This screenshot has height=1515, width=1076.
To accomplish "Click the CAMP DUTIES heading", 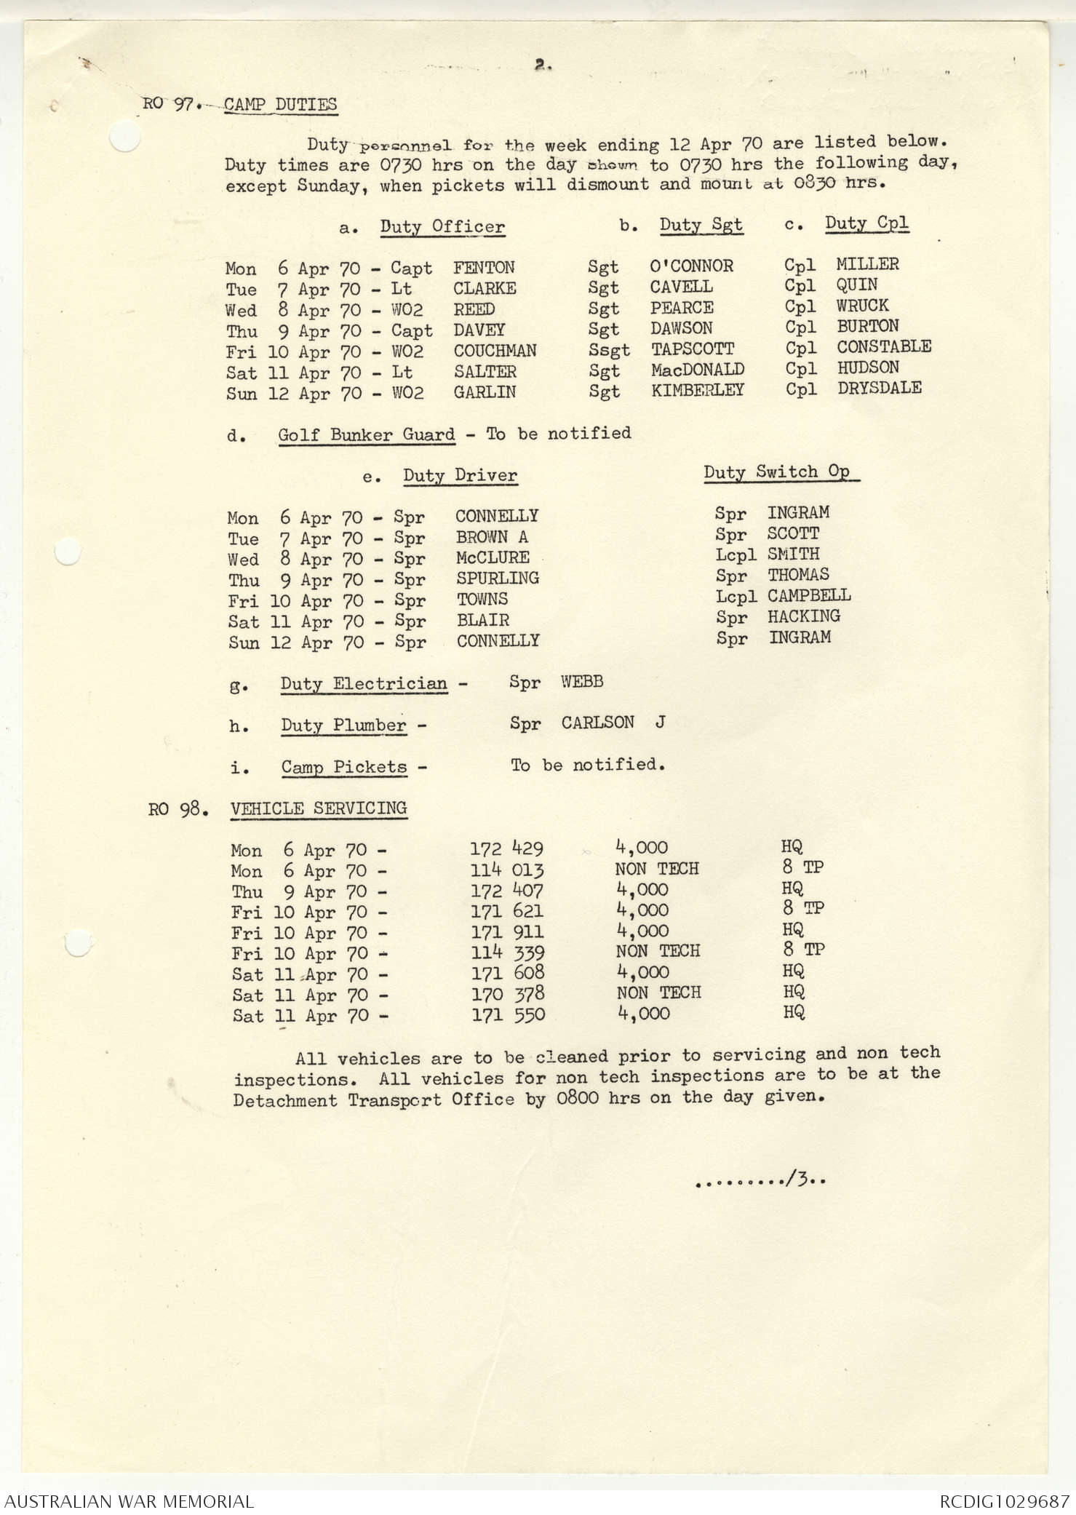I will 280,104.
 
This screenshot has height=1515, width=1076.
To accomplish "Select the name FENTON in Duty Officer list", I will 484,268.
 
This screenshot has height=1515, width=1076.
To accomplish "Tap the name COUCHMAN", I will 495,351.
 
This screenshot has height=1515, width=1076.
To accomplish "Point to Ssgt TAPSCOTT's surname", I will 693,349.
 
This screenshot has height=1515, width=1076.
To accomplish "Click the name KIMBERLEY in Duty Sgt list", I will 697,390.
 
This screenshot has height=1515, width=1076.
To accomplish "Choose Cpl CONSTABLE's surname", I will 884,346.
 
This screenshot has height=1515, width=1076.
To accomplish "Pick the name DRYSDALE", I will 880,388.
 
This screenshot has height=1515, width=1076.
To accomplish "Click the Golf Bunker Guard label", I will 367,435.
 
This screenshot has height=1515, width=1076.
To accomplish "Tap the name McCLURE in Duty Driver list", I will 493,557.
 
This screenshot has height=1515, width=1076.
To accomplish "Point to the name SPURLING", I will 498,578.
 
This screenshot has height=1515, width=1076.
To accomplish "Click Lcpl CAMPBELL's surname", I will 809,595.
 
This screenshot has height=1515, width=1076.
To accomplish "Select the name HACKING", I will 804,616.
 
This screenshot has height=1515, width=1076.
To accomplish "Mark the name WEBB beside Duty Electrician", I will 582,682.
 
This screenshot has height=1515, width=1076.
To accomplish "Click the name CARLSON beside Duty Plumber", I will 597,723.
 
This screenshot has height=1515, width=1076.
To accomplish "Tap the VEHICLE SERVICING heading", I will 319,808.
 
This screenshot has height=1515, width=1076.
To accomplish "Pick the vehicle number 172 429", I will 506,848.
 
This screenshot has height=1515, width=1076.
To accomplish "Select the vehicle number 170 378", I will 508,994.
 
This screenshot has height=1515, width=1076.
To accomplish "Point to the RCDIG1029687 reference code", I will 1003,1501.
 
